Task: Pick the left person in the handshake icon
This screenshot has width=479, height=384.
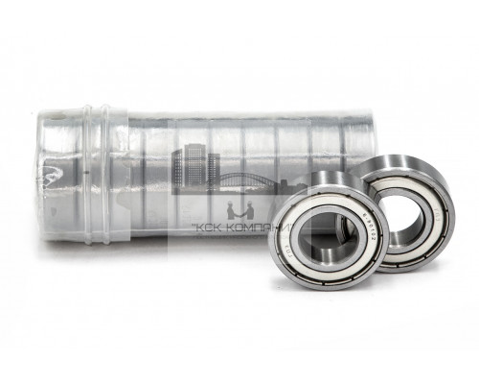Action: [226, 208]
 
